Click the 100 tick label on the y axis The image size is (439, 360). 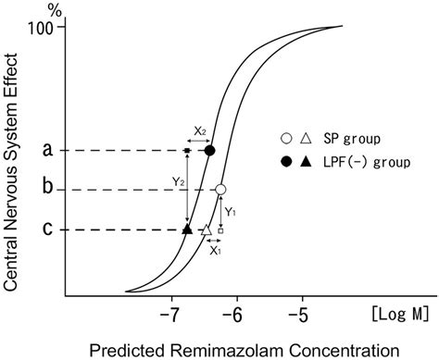(x=46, y=27)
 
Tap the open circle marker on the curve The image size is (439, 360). (x=220, y=190)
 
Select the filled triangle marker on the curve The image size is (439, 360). (x=187, y=229)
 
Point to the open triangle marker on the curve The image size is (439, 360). (x=207, y=229)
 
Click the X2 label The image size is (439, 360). (x=200, y=131)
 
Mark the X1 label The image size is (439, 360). (x=214, y=251)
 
